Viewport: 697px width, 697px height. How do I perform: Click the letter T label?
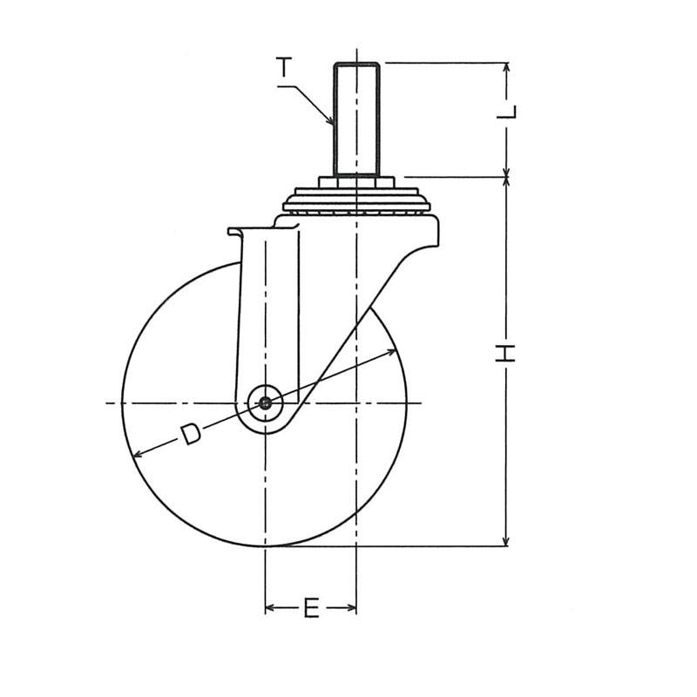pos(284,67)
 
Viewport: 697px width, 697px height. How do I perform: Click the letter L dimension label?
pos(507,112)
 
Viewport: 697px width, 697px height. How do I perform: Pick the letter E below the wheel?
pos(311,608)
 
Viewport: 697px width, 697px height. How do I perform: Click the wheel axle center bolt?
pos(266,403)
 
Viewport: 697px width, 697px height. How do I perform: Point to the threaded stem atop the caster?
pos(356,119)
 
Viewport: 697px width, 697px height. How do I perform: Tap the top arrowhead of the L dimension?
pos(506,68)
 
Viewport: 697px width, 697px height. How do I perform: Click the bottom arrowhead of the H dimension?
pos(506,540)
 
